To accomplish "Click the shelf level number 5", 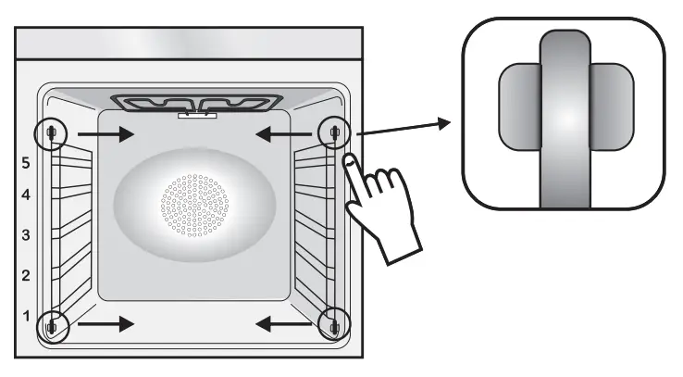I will [27, 162].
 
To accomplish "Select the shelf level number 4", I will [27, 195].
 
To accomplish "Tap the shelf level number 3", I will [27, 235].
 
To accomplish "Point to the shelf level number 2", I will [27, 275].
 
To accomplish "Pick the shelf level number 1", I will [27, 316].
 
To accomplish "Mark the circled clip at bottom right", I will [332, 325].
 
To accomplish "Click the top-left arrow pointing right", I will [106, 134].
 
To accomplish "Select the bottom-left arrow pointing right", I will [106, 324].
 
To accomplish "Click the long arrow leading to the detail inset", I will [403, 127].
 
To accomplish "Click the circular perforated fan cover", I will [194, 202].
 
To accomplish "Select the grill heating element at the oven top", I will [194, 101].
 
